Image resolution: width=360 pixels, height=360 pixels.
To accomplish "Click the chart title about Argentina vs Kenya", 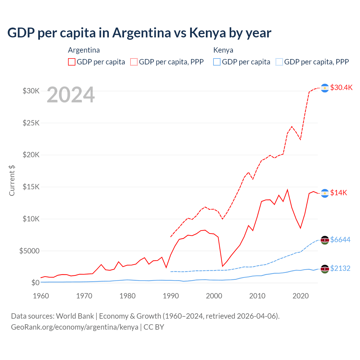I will coord(139,33).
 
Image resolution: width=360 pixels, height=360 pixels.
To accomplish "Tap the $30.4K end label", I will coord(341,87).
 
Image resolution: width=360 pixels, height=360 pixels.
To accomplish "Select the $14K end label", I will coord(339,193).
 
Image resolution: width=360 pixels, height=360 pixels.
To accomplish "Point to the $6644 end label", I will coord(340,240).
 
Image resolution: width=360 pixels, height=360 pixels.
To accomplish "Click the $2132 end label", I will coord(340,268).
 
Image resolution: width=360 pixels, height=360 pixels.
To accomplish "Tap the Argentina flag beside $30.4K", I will coord(325,88).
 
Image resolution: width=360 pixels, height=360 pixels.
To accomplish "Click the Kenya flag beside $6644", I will coord(325,240).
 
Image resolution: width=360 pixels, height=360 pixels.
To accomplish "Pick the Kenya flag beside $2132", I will coord(325,269).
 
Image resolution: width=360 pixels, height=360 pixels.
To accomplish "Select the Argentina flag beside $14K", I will coord(325,193).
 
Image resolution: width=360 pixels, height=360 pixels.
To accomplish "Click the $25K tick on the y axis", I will coord(31,123).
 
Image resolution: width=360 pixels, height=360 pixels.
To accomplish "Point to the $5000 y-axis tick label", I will coord(29,251).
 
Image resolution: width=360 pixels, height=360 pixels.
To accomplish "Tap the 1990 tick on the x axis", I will coord(171,296).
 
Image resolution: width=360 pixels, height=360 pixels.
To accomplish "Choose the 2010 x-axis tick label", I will coord(257,296).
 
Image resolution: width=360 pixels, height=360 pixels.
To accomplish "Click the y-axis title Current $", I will coord(12,180).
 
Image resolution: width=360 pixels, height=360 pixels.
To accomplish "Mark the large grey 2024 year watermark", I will coord(71,95).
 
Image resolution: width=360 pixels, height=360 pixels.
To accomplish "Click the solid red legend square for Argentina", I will coord(72,62).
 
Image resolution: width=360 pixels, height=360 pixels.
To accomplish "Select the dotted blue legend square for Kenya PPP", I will coord(279,62).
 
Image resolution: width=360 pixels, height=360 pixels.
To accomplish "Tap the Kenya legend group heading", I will coord(223,50).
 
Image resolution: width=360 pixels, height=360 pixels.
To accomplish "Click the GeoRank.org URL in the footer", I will coord(75,327).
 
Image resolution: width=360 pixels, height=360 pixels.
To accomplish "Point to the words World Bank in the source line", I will coord(75,316).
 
